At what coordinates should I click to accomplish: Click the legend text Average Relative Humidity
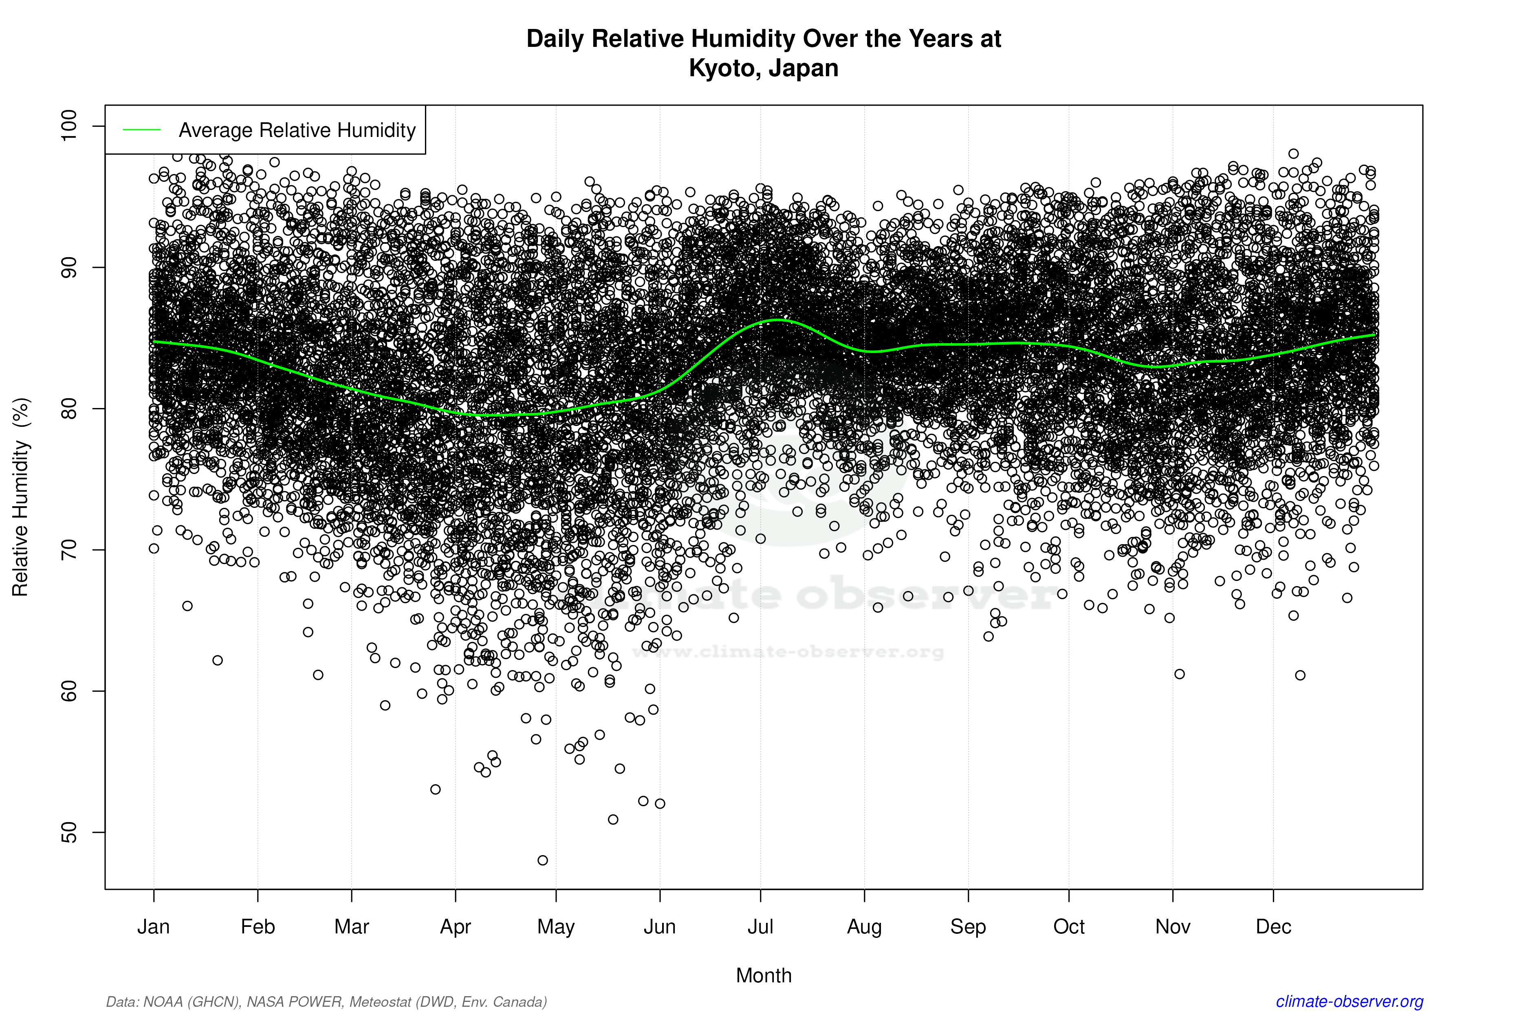click(297, 130)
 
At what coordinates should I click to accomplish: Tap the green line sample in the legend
click(142, 130)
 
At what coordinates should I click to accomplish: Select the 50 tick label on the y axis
click(68, 832)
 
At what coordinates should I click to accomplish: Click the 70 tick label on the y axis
click(68, 550)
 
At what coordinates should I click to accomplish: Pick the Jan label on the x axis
click(153, 926)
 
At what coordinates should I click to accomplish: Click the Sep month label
click(968, 926)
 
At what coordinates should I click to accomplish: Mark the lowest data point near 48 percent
click(542, 860)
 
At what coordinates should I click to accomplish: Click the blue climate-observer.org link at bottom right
click(1350, 1001)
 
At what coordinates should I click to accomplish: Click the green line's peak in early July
click(777, 320)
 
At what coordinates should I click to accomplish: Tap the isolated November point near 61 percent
click(1179, 674)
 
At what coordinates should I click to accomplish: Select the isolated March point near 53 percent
click(435, 790)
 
